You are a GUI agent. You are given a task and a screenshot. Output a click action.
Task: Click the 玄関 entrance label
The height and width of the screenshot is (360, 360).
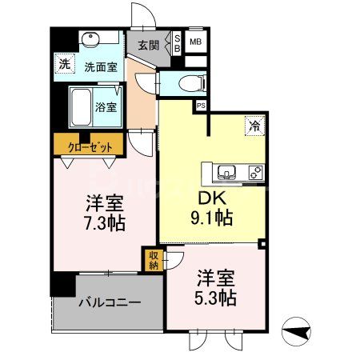[148, 45]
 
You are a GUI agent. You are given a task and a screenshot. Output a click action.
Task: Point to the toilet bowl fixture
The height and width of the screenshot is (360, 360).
[190, 82]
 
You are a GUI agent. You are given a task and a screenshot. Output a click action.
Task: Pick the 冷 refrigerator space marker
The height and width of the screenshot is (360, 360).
[254, 125]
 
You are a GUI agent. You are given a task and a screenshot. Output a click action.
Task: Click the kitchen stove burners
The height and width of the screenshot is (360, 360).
[256, 171]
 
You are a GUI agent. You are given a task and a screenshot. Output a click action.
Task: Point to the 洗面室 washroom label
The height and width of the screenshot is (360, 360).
[100, 68]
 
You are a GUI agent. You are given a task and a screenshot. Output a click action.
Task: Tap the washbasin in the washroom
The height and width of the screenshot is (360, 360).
[90, 39]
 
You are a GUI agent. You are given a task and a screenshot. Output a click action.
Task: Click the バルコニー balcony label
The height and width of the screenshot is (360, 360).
[109, 302]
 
